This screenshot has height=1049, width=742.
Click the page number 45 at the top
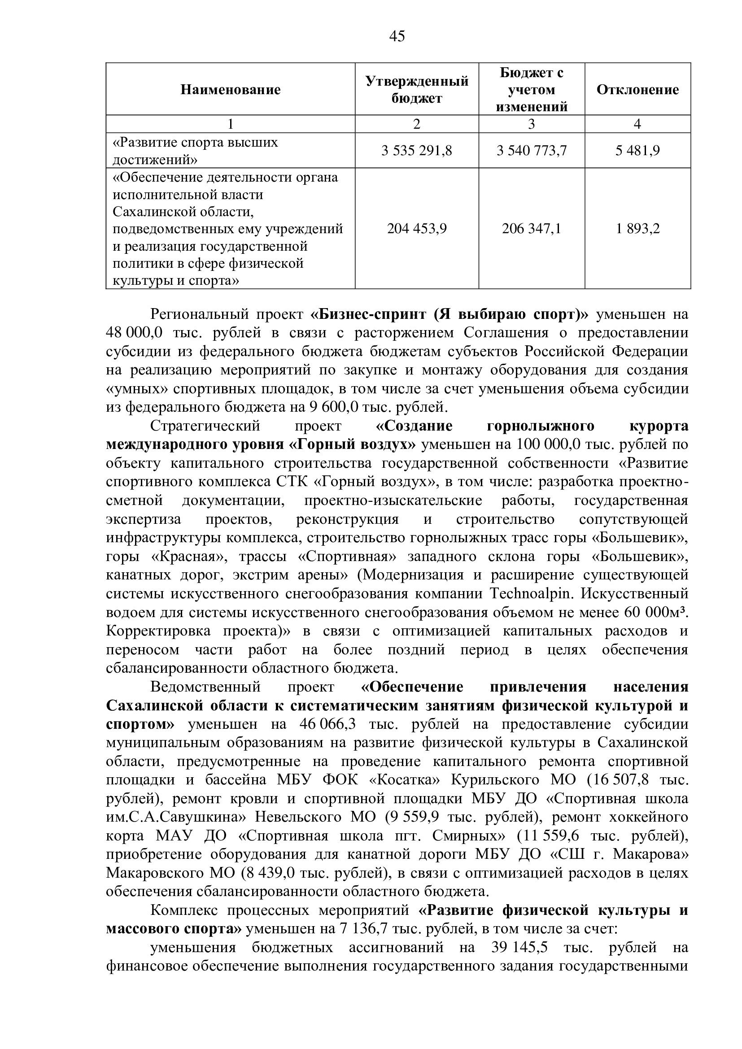click(x=397, y=36)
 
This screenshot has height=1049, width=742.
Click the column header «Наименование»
click(x=230, y=90)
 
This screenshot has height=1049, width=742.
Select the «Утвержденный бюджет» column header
click(x=417, y=90)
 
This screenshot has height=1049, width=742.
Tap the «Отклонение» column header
click(x=637, y=90)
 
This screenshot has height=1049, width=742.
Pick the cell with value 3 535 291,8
click(x=417, y=151)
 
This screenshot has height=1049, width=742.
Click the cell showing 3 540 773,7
click(x=531, y=151)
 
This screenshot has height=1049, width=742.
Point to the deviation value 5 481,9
click(x=637, y=151)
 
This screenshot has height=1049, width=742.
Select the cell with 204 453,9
click(x=417, y=228)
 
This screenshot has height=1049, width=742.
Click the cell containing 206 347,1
click(x=531, y=228)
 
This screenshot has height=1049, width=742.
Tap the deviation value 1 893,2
click(x=637, y=228)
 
